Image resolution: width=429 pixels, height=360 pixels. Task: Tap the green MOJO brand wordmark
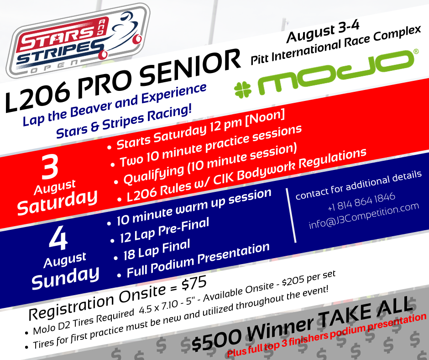coord(338,72)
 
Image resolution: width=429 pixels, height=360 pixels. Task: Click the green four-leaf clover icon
coord(243,90)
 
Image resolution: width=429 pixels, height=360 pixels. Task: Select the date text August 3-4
coord(323,32)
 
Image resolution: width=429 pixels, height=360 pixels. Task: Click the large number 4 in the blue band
coord(58,238)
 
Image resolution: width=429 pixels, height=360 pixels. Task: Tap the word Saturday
coord(57,202)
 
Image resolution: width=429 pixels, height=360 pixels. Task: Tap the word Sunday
coord(65,277)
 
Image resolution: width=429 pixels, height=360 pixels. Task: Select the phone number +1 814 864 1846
coord(361,201)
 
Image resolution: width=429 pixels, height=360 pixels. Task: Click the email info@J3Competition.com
coord(364,216)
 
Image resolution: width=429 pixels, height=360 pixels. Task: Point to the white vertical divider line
coord(291,215)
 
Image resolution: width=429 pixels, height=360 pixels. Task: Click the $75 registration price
coord(194,284)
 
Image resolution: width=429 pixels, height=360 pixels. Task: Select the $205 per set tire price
coord(309,279)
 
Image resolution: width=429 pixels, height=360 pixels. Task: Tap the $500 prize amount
coord(216,340)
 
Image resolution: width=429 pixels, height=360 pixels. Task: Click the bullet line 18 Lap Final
coord(156,250)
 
